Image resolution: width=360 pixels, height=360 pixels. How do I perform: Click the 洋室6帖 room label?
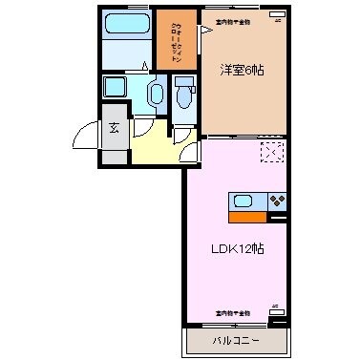(x=244, y=71)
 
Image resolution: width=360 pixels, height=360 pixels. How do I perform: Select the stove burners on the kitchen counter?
(x=276, y=202)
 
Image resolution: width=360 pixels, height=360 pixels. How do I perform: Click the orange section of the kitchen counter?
(x=243, y=216)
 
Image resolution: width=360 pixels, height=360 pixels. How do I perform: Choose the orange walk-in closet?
(x=176, y=38)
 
